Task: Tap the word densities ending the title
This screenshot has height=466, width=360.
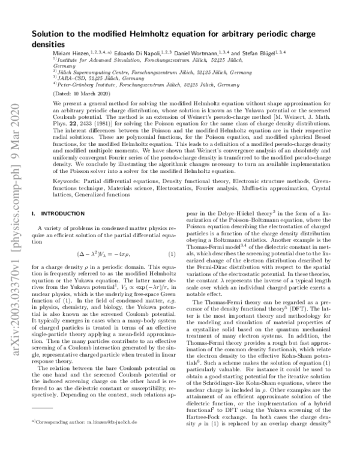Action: (x=49, y=44)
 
